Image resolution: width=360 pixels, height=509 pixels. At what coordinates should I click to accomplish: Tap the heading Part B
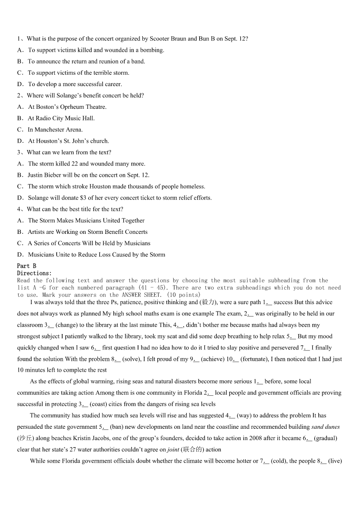click(27, 266)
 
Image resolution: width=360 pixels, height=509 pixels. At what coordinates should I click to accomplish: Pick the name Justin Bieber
click(45, 175)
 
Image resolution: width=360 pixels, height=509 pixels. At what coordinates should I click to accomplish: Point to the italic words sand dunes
click(326, 427)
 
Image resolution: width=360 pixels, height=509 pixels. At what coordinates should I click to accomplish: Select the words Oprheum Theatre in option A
click(83, 107)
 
